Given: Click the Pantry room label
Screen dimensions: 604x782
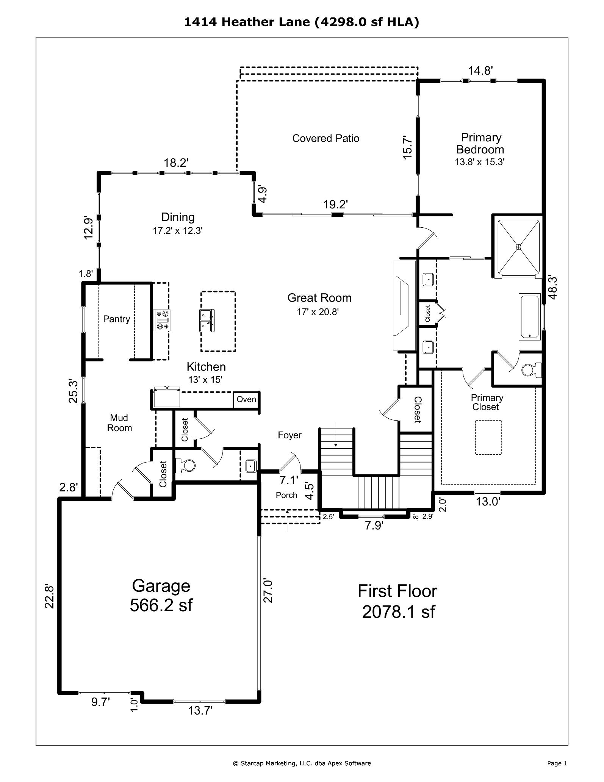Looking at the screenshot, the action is point(116,319).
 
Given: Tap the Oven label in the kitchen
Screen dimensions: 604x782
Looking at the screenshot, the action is point(246,399).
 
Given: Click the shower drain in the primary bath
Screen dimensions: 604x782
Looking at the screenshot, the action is point(519,247).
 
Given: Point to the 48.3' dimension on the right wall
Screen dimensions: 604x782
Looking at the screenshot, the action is point(552,288).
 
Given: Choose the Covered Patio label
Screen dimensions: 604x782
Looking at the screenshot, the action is point(326,138).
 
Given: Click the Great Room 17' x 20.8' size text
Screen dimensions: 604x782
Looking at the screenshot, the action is point(318,312).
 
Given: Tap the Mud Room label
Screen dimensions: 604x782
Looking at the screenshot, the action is point(119,423).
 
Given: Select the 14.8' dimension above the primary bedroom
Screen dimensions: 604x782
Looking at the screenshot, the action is point(480,70).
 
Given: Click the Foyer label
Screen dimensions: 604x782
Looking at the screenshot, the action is point(289,435).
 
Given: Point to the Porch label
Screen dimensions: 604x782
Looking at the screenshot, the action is point(286,495).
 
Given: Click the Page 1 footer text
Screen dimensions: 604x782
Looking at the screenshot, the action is point(557,763).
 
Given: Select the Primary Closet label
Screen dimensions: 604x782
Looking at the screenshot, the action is point(487,402).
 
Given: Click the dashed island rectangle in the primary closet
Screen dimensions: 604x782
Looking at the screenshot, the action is point(488,437).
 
